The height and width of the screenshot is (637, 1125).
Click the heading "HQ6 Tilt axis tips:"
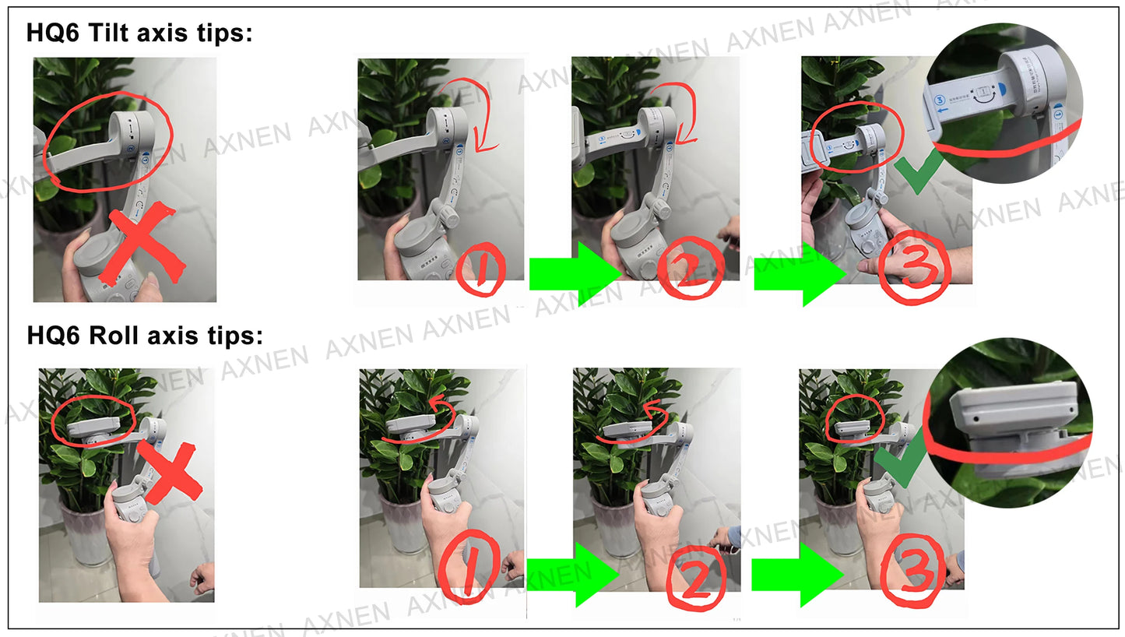139,33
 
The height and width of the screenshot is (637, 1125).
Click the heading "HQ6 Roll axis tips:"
145,336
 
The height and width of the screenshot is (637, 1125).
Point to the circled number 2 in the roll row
695,577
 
